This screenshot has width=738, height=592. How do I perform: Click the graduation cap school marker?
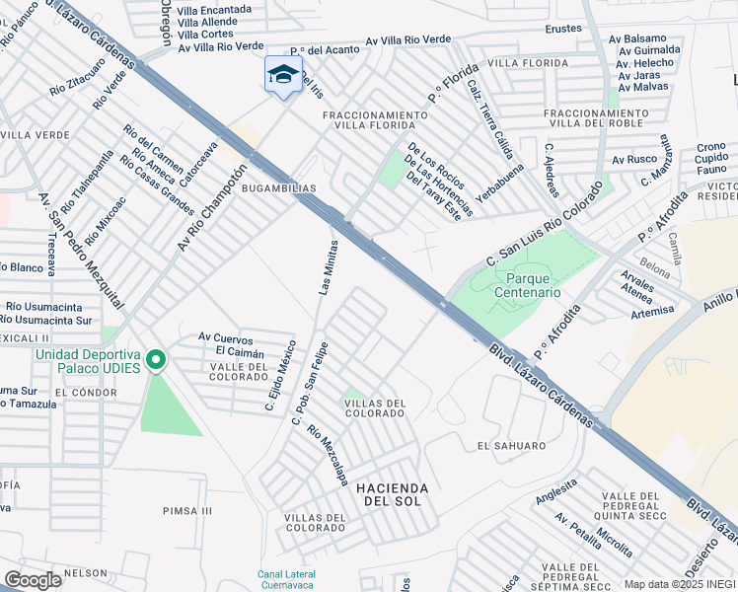pos(283,75)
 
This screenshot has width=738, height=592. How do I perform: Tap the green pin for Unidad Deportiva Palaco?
pos(155,360)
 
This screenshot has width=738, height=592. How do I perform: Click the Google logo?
pos(33,580)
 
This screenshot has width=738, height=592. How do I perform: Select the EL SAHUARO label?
pos(511,446)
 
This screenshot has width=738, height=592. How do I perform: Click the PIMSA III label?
pos(187,510)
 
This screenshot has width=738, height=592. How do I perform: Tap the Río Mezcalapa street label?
pos(327,454)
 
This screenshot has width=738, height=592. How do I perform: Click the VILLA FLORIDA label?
pos(528,63)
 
